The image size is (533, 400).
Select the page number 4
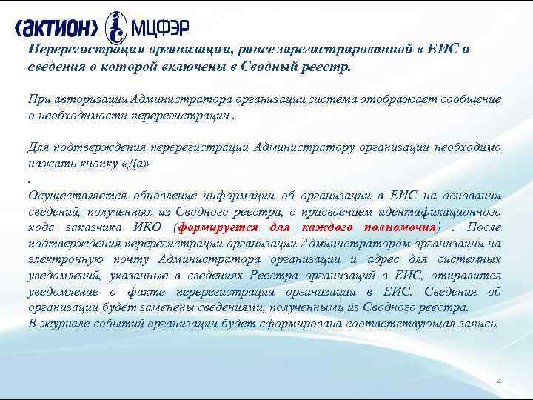pos(499,381)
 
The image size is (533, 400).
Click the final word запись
pos(480,323)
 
